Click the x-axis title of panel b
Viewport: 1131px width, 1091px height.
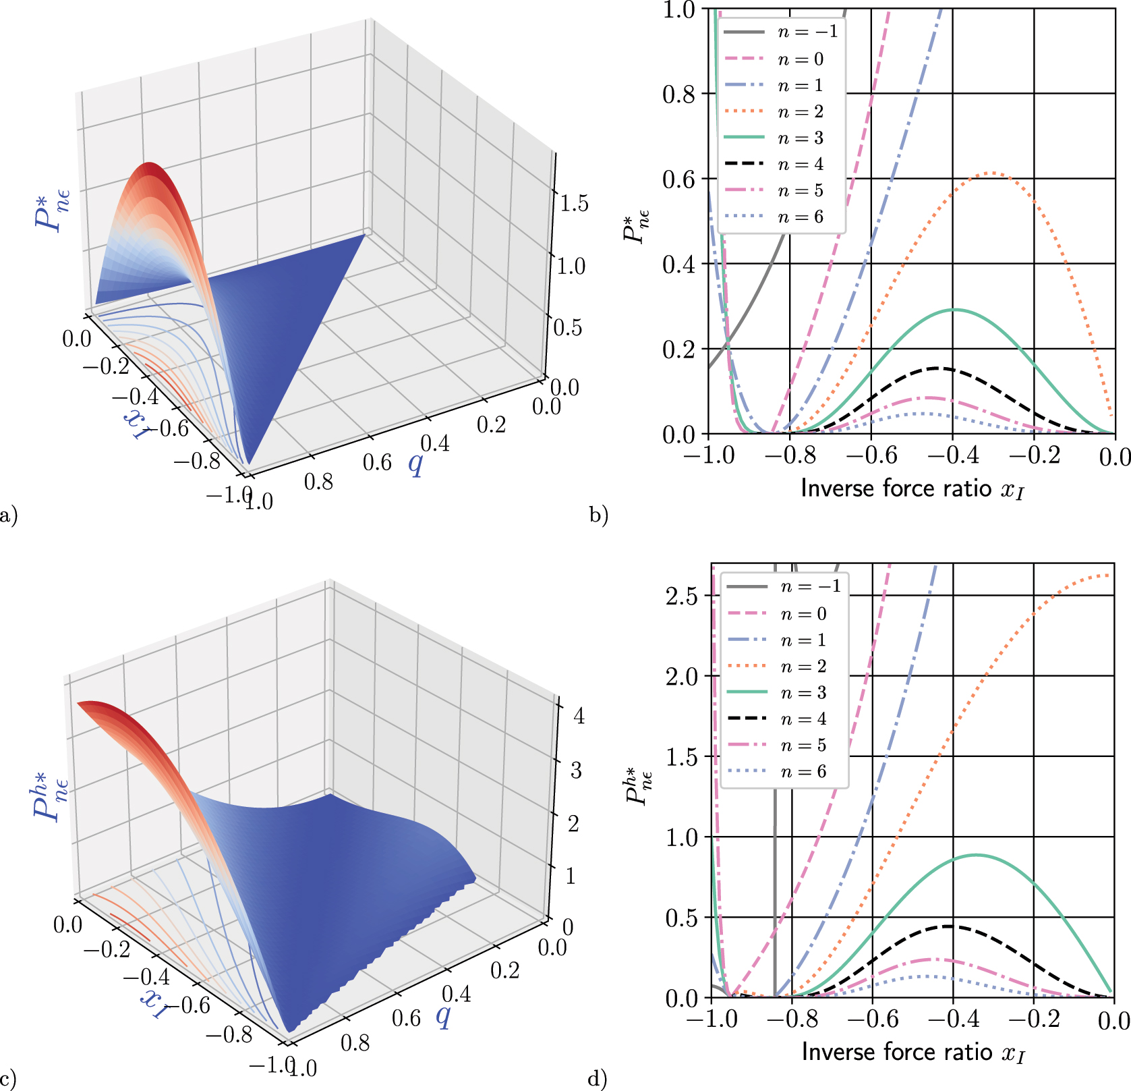click(912, 488)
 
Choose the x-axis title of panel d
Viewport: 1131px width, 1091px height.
click(913, 1053)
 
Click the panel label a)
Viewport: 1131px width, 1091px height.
click(9, 516)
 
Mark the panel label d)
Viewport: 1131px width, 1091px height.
click(598, 1079)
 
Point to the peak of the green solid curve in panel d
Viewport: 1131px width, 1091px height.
click(976, 856)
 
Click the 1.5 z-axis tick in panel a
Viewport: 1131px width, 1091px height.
click(574, 204)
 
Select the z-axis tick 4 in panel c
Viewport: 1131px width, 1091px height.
click(579, 716)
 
